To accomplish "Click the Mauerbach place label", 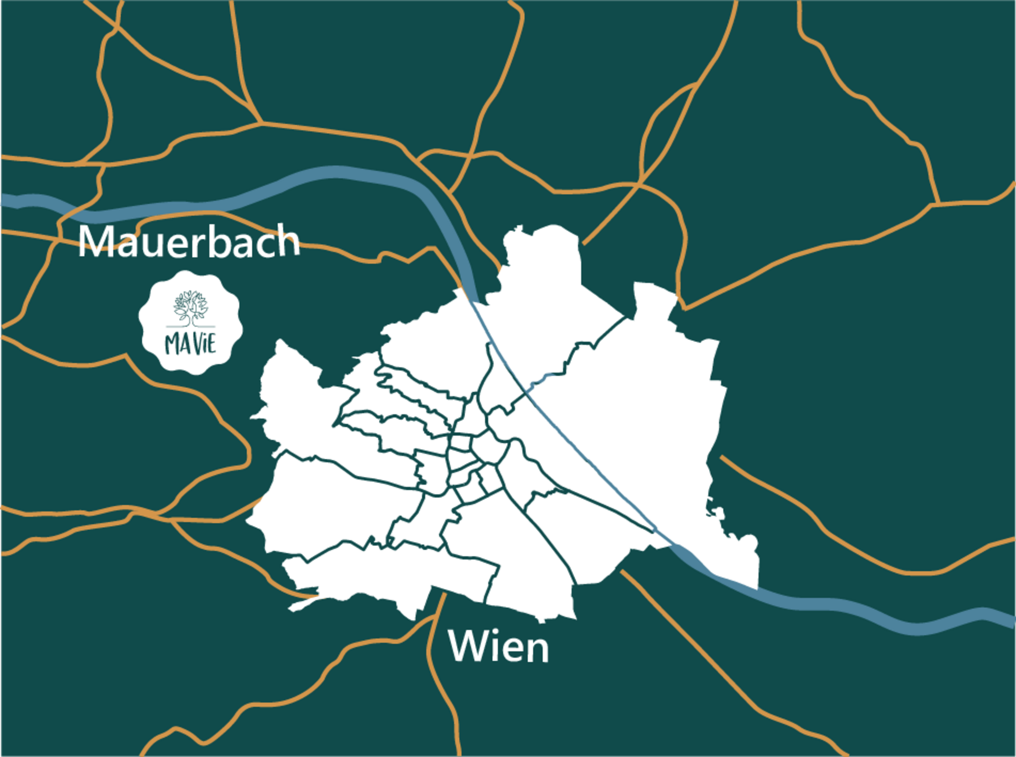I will (x=189, y=242).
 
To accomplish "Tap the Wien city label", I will (x=498, y=646).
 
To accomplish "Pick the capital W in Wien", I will (x=468, y=646).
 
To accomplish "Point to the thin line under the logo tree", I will (x=190, y=327).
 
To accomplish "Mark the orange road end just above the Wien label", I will (x=443, y=596).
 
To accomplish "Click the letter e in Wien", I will (x=514, y=650).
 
